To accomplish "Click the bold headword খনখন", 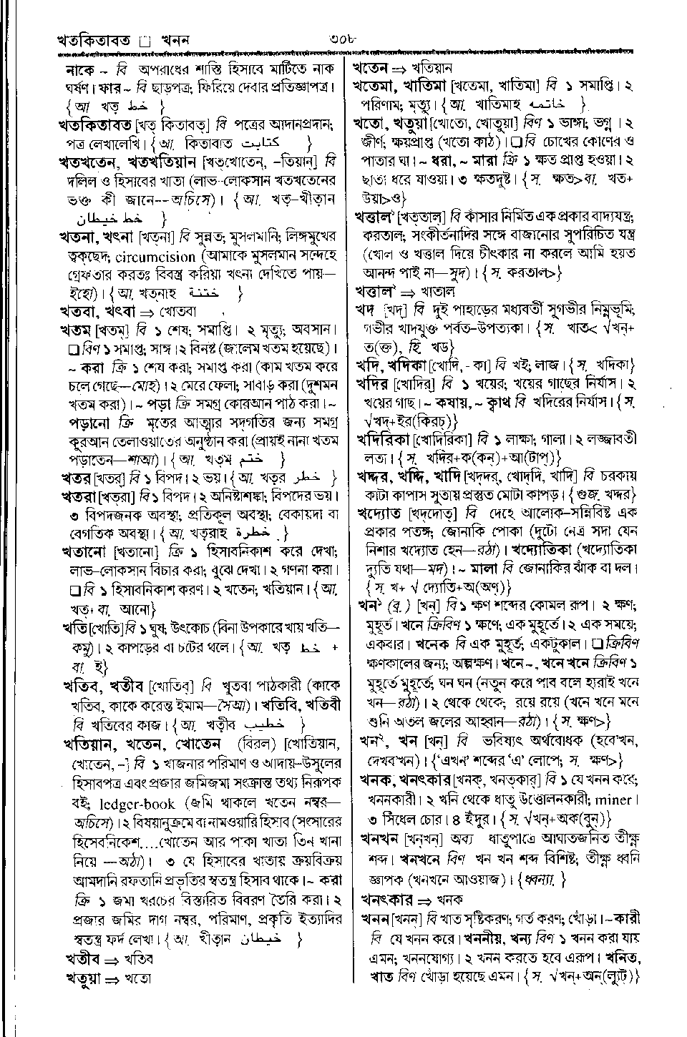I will point(379,837).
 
